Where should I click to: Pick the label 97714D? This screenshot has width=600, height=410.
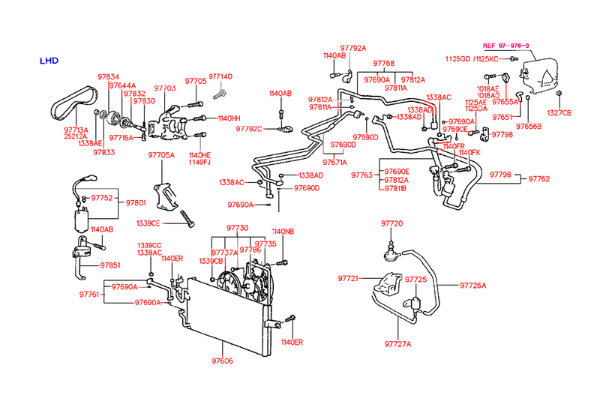220,76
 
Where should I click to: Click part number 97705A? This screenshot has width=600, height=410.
160,155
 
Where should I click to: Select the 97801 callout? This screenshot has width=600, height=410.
136,202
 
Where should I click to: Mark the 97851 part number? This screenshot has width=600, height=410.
109,265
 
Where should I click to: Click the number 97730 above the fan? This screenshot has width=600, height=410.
238,227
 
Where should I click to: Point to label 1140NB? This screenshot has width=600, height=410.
283,232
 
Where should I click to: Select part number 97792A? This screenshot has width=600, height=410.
350,48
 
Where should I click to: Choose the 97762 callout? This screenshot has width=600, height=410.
538,179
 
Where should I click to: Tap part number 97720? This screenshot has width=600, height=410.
391,224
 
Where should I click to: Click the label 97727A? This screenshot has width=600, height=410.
398,344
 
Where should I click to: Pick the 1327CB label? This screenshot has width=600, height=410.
559,112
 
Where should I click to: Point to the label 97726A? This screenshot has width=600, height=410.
472,285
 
